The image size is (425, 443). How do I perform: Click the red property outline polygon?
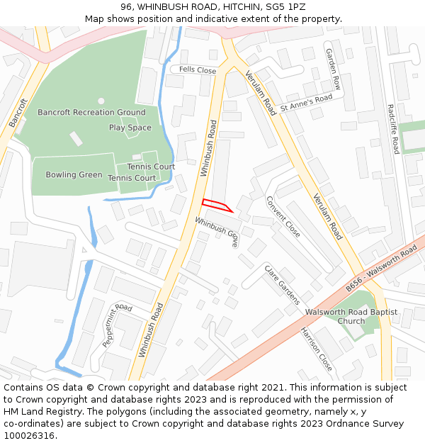coord(216,205)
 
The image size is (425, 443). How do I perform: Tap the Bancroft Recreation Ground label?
coord(91,113)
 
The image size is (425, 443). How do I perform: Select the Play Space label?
coord(130,128)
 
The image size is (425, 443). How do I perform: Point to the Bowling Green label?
coord(74,175)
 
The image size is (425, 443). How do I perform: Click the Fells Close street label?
coord(198,70)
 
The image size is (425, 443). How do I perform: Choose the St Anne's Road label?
coord(306,103)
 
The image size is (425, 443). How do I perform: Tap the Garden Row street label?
coord(333,69)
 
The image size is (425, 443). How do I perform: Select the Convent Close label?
coord(283,216)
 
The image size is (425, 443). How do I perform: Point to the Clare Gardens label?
coord(282,284)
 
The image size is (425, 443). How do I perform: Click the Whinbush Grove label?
coord(217,232)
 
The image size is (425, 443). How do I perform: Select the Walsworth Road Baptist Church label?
coord(351,316)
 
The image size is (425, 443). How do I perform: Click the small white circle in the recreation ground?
coord(101,101)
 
